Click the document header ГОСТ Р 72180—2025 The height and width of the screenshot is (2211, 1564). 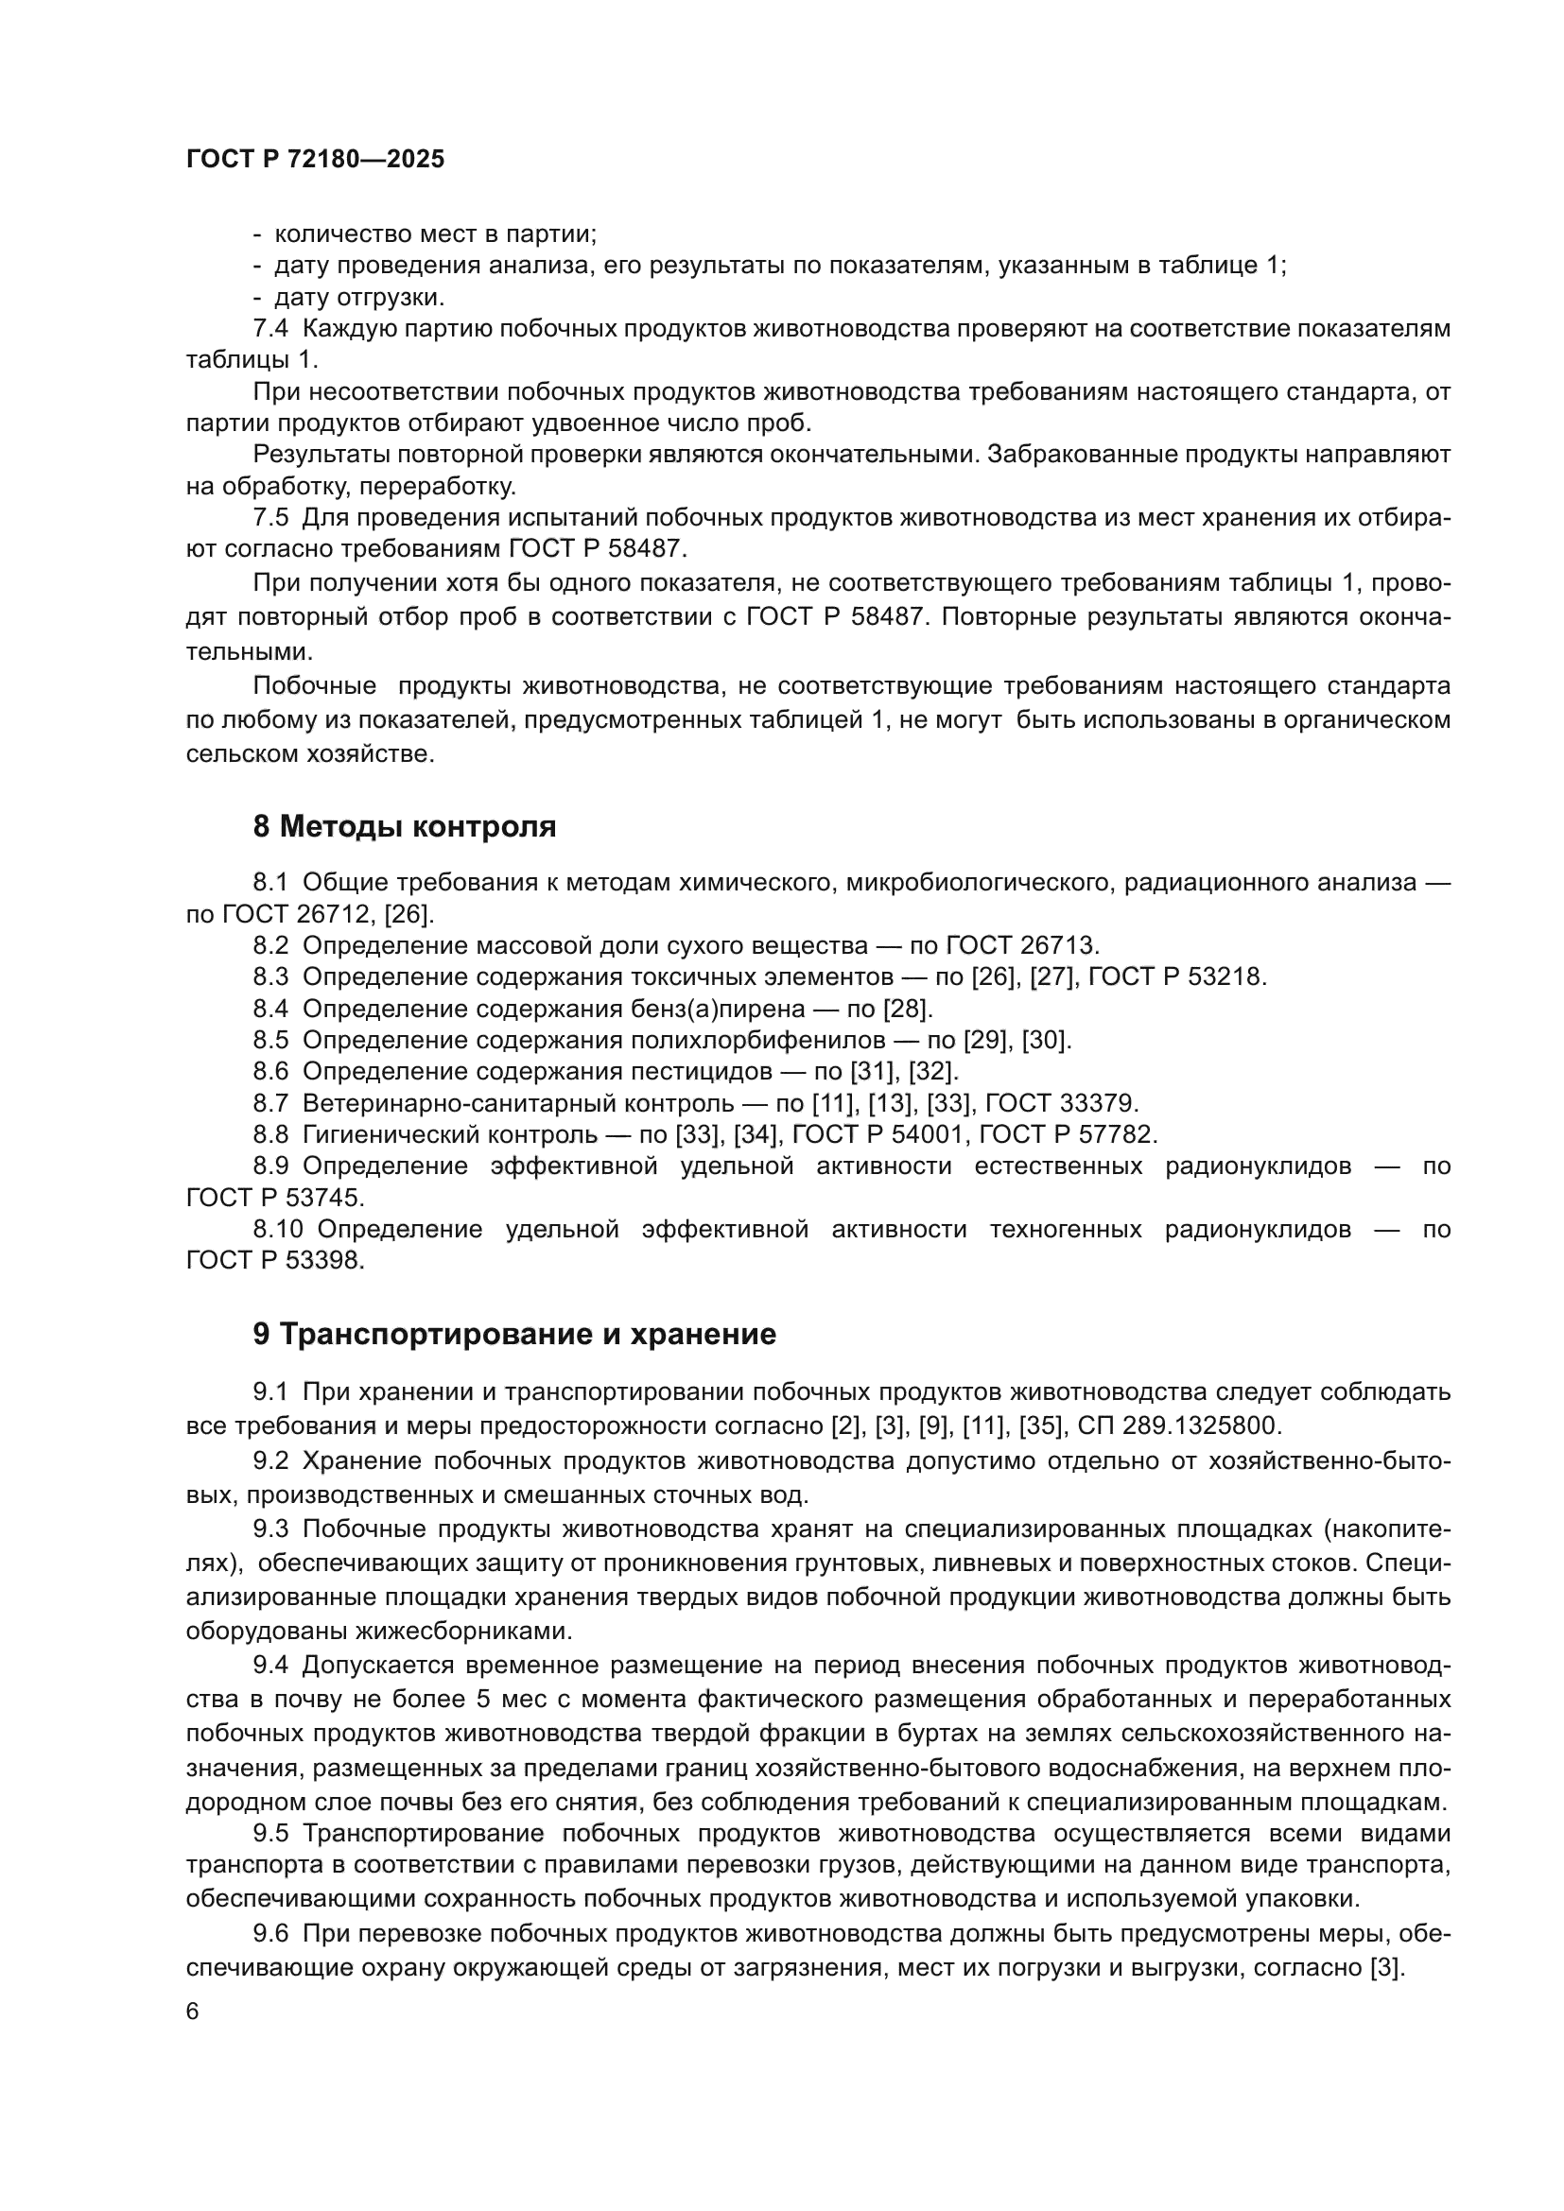click(315, 160)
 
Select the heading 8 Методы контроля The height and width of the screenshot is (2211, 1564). click(405, 826)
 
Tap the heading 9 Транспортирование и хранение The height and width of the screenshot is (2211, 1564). click(514, 1334)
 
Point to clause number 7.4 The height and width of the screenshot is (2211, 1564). click(270, 328)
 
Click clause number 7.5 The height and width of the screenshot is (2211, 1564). click(270, 518)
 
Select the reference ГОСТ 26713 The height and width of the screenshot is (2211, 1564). click(1023, 944)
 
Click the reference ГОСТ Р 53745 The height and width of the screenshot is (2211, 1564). click(275, 1198)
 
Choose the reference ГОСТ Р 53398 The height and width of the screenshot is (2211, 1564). click(275, 1261)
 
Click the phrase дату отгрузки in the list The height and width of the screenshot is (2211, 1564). click(359, 297)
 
